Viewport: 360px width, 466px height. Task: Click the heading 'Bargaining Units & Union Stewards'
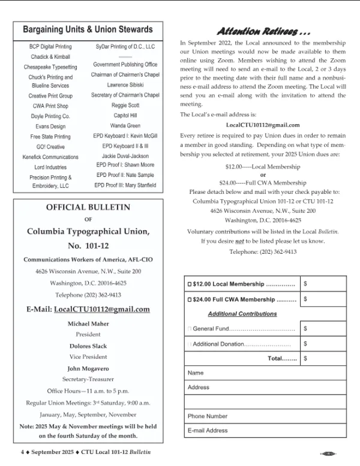88,29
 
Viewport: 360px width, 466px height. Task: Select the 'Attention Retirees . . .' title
263,32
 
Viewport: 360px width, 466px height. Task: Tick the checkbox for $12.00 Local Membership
190,284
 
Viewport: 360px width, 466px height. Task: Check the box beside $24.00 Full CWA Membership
190,299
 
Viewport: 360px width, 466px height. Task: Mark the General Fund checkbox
190,329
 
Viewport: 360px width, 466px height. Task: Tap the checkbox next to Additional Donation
190,344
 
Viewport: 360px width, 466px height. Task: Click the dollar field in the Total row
324,359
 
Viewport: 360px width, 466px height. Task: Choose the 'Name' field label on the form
196,373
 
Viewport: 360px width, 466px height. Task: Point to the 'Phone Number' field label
208,416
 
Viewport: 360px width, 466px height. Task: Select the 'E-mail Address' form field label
208,431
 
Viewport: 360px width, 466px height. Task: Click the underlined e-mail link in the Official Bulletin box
101,309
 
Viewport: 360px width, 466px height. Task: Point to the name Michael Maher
88,324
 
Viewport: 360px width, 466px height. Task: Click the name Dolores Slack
88,346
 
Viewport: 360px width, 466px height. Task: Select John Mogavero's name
88,368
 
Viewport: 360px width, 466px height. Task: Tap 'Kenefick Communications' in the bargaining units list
50,157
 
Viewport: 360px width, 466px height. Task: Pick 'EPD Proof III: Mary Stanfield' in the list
125,186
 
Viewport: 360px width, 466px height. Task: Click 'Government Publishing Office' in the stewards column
125,65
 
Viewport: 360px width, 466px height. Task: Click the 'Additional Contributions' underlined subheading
242,314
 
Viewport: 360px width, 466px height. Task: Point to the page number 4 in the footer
22,452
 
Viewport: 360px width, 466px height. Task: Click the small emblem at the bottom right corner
328,454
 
